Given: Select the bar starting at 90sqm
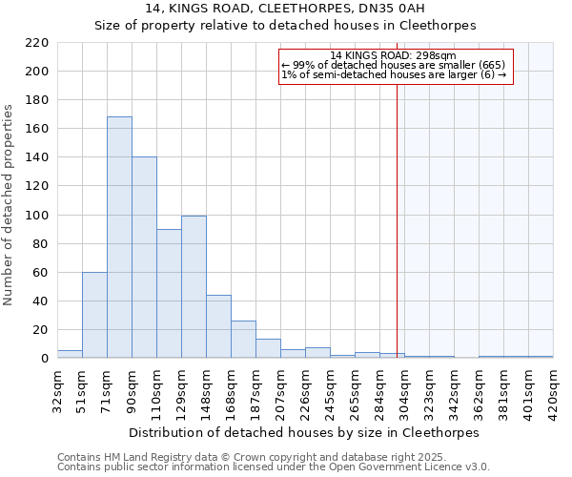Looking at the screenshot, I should tap(144, 258).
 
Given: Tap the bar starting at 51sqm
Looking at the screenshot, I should tap(94, 315).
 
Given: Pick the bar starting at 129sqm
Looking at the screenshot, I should tap(194, 287).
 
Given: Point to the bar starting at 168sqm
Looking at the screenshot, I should tap(243, 340).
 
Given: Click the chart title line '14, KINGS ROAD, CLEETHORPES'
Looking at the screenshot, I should tap(285, 10).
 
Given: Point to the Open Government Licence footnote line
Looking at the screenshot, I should tap(274, 467).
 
